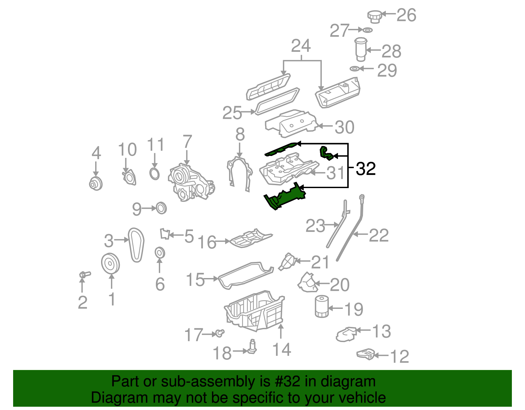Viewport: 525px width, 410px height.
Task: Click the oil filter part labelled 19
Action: (x=321, y=307)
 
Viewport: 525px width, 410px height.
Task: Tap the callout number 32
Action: (x=366, y=169)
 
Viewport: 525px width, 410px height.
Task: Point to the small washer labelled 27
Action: (x=367, y=30)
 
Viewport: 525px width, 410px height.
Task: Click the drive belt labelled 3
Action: (x=136, y=245)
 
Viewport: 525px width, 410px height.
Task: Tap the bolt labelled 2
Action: (x=84, y=274)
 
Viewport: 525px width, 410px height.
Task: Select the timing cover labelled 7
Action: (x=190, y=182)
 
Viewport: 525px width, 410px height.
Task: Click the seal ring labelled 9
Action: (x=161, y=208)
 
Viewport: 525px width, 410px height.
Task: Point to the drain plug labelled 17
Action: (x=220, y=334)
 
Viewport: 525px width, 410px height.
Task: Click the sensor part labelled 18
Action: (x=252, y=347)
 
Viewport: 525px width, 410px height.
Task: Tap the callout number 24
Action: (x=301, y=46)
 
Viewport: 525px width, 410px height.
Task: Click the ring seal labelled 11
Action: (x=155, y=173)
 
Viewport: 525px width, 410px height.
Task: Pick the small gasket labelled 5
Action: (x=165, y=234)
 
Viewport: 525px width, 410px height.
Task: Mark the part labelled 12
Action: (x=365, y=355)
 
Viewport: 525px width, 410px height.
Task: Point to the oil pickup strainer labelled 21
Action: (x=288, y=262)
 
